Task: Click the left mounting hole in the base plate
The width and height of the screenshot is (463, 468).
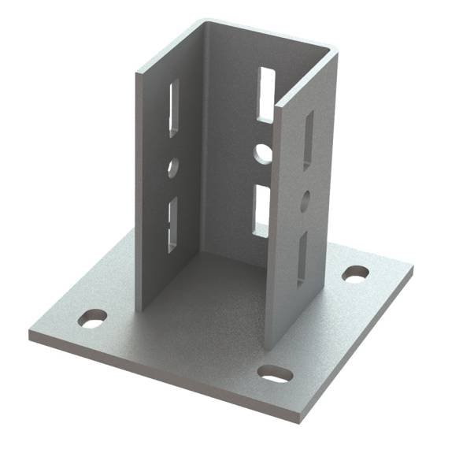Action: click(93, 319)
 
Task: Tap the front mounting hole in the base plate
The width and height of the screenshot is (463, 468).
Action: click(275, 373)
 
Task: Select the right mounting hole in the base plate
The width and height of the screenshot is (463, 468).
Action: click(355, 274)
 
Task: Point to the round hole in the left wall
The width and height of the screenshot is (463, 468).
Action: click(173, 167)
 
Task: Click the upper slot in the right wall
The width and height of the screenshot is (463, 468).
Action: click(308, 139)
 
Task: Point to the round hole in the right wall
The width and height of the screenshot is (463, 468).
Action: click(306, 199)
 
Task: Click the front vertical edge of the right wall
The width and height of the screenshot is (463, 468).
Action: click(269, 228)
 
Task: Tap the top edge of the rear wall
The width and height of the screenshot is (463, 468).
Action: click(268, 35)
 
